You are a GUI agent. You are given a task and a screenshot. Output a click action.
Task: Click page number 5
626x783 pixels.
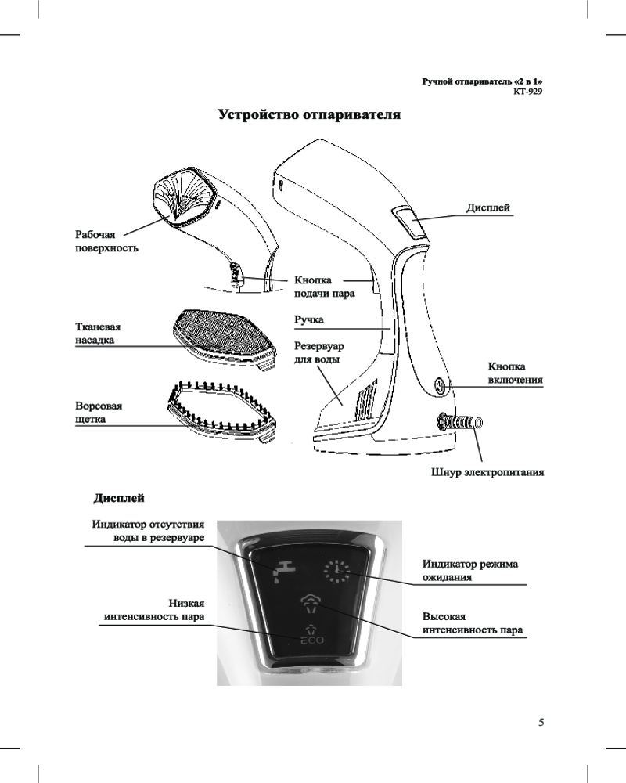(540, 721)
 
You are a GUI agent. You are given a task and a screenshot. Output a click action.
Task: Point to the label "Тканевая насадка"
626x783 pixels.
(99, 334)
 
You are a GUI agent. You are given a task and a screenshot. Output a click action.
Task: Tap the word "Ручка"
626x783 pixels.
(308, 319)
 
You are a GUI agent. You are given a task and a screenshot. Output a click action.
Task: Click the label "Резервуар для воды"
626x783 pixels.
(319, 352)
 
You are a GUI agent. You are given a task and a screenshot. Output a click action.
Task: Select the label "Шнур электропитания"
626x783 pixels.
(487, 473)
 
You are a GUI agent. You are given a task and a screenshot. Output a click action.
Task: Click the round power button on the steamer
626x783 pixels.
(439, 386)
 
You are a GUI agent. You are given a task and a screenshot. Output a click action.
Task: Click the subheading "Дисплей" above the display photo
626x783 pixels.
(119, 498)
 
